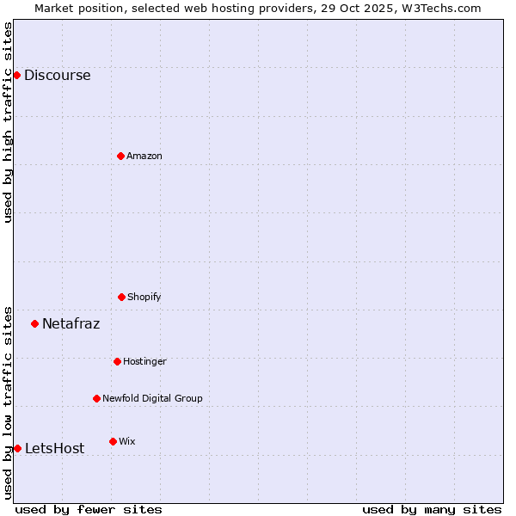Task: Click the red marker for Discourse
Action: [16, 75]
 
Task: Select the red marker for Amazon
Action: [120, 156]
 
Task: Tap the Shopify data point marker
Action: [121, 297]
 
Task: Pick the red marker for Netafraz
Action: [34, 323]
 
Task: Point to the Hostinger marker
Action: [117, 361]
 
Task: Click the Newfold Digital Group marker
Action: [96, 398]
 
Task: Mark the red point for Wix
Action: [113, 441]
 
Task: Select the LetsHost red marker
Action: [17, 448]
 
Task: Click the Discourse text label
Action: [57, 75]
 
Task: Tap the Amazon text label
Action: [144, 156]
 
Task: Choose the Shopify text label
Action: [144, 297]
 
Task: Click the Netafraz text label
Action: [71, 324]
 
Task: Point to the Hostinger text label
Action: [144, 361]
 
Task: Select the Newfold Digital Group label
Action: [152, 398]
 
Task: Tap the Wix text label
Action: [127, 441]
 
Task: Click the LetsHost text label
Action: [54, 448]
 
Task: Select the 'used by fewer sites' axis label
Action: [89, 509]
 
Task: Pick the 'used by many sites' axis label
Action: [432, 509]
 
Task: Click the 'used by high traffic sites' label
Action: [8, 123]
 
